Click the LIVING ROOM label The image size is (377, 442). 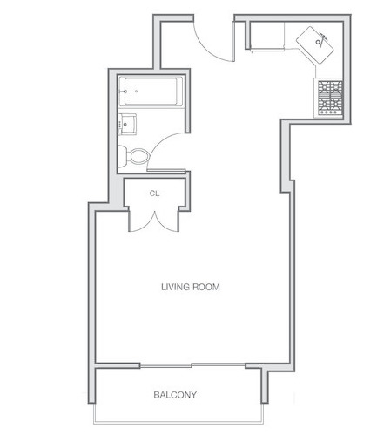coord(191,287)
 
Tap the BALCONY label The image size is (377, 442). coord(175,395)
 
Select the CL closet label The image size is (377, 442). coord(154,194)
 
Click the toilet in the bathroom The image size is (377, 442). coord(134,156)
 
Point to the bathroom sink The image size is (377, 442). coord(127,124)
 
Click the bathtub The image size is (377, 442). coord(151,92)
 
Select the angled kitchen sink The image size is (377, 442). coord(315,45)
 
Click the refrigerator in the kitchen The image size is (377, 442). coord(266,36)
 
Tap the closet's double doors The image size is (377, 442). coord(154,222)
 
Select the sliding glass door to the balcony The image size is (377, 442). coord(192,365)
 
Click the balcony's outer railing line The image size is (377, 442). coord(178,422)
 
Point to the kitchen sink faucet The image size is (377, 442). coord(321,38)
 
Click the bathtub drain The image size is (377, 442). coord(136,92)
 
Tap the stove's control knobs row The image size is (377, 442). coord(330,112)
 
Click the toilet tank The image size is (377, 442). coord(122,156)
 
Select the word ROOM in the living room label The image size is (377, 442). coord(206,287)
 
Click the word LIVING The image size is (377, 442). coord(176,287)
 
